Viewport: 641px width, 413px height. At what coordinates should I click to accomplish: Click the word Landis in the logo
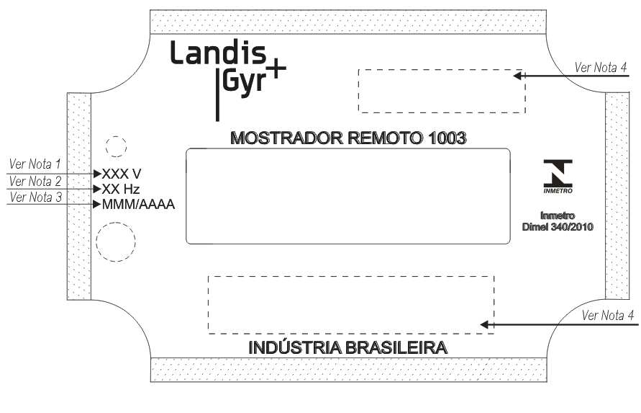coord(218,52)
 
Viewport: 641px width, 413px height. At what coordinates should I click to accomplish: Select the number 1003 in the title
coord(447,138)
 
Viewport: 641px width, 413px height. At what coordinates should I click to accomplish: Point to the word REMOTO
coord(386,138)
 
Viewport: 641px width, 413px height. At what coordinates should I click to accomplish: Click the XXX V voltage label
coord(122,174)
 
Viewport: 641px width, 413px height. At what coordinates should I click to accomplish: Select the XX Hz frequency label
coord(121,189)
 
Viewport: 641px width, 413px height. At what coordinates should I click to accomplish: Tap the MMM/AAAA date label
coord(138,204)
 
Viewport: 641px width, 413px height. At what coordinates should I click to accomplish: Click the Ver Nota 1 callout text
coord(35,164)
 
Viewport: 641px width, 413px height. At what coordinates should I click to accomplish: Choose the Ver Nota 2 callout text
coord(35,181)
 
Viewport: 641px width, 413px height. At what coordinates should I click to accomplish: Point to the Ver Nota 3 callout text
coord(35,197)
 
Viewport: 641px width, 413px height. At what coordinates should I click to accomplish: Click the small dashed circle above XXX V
coord(116,136)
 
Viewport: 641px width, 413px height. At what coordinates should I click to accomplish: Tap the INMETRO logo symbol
coord(558,176)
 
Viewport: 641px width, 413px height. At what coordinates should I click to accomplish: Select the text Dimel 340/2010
coord(558,227)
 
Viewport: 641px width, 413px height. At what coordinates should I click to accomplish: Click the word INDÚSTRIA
coord(295,347)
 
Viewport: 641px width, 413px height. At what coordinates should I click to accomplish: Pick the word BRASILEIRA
coord(396,347)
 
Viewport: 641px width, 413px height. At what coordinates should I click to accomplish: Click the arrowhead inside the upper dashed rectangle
coord(517,76)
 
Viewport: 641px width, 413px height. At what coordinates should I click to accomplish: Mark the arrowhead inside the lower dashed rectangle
coord(484,324)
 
